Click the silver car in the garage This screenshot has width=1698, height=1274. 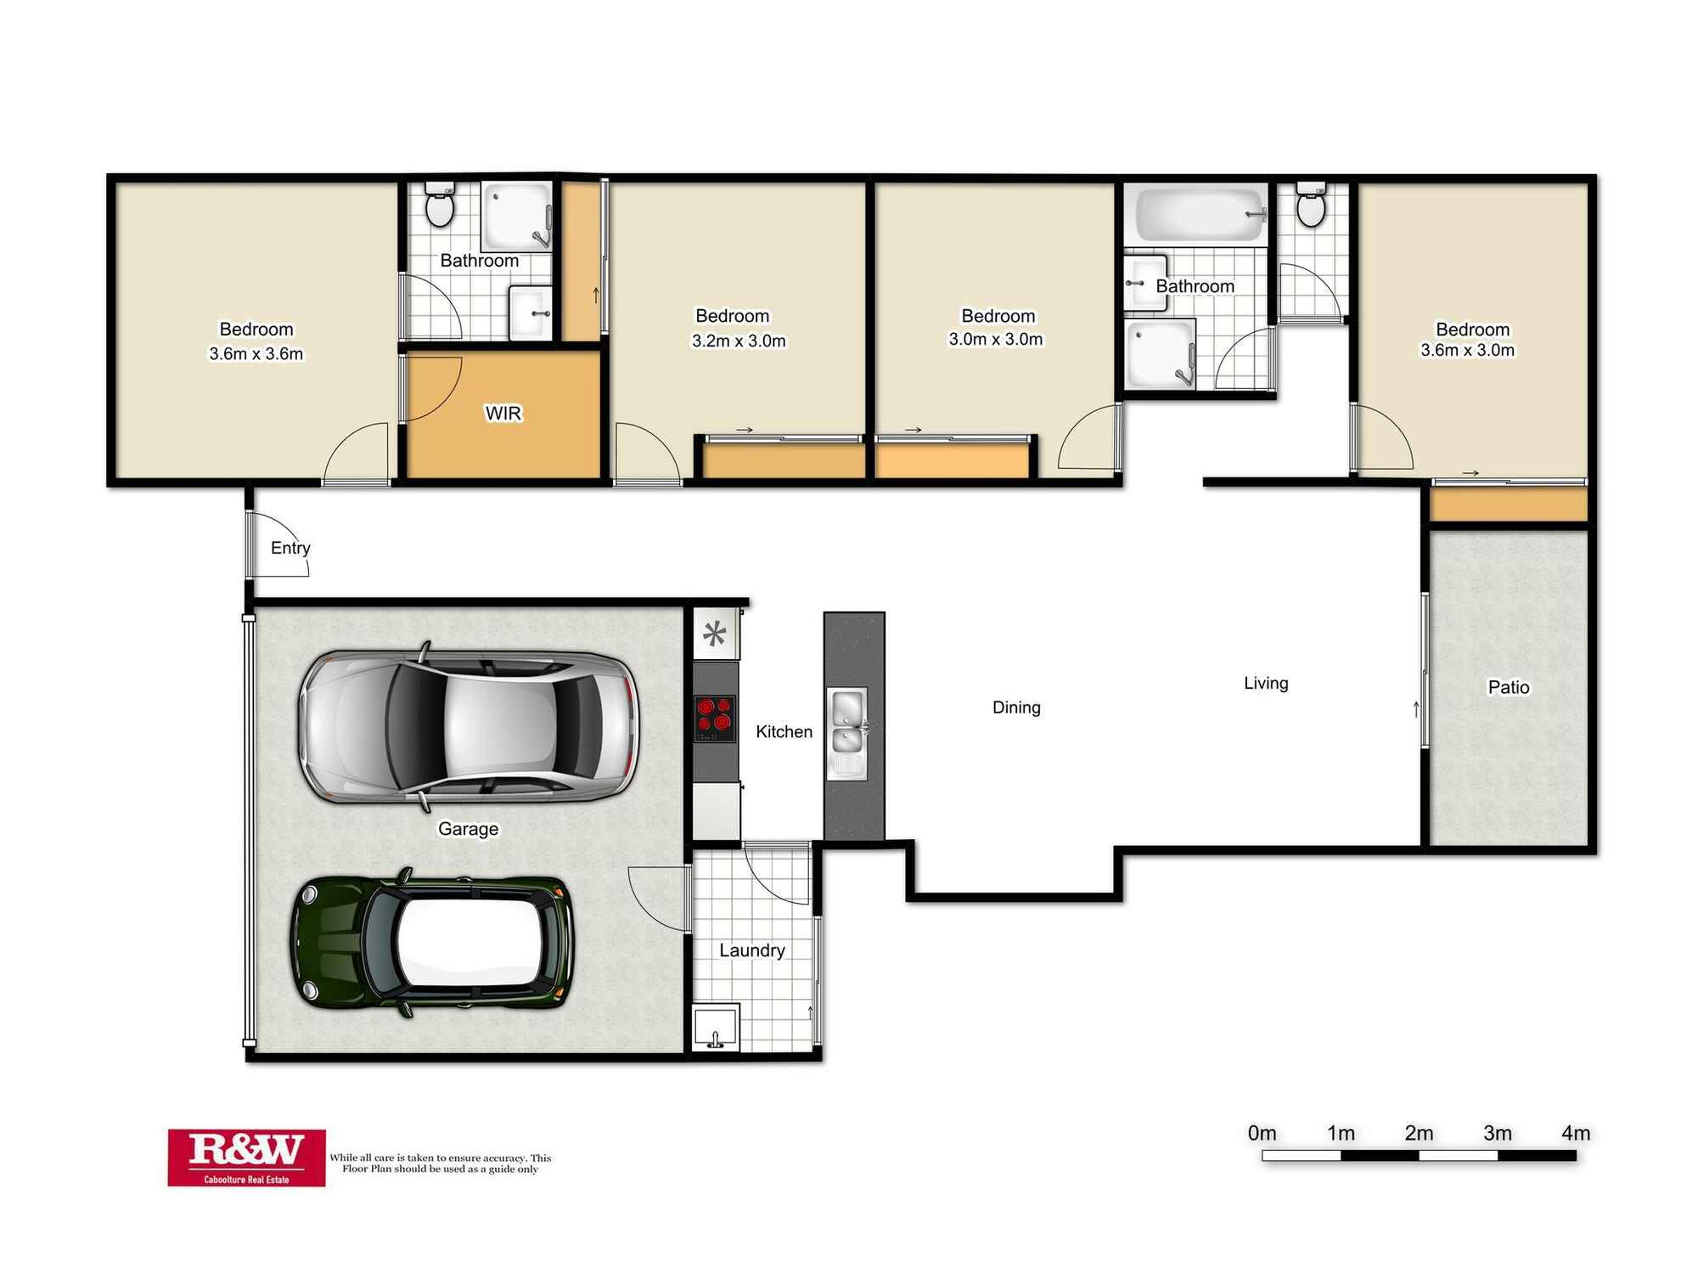pos(468,727)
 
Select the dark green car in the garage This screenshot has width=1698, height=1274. pos(433,943)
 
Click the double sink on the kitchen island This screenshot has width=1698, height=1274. pos(847,733)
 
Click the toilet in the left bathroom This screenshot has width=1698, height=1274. pos(440,204)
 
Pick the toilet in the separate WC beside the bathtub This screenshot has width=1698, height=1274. pos(1312,204)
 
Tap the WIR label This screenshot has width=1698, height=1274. pos(503,414)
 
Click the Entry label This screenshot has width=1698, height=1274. pos(290,549)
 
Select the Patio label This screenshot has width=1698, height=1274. pos(1509,687)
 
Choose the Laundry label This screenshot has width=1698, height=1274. pos(752,951)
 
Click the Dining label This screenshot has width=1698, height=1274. pos(1016,707)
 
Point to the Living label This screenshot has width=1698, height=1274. pos(1266,683)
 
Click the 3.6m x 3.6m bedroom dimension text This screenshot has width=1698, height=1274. pos(256,354)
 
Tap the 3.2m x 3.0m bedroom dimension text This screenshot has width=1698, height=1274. pos(739,341)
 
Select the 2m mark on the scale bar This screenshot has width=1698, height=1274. pos(1419,1134)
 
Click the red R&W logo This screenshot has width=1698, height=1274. pos(246,1158)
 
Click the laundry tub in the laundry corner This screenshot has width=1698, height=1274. pos(716,1028)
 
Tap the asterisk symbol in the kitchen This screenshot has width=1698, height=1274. pos(715,634)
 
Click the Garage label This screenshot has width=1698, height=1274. pos(468,829)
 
